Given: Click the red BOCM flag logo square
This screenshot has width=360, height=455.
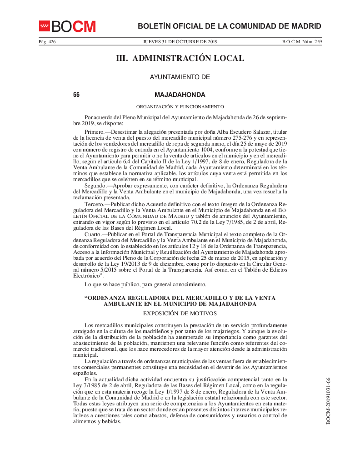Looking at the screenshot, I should coord(44,26).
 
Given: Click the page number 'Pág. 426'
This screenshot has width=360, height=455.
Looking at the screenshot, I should coord(47,42).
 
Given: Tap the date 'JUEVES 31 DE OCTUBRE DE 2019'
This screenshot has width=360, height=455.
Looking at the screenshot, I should coord(180,42).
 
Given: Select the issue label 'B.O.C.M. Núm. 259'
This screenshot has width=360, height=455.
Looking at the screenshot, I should coord(302,42).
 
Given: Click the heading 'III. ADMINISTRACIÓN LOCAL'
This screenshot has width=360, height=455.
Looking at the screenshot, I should coord(180,58).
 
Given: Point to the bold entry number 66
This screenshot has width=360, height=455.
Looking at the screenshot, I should coord(76,95).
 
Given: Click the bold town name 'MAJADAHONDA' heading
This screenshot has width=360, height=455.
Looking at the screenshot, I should coord(180,95).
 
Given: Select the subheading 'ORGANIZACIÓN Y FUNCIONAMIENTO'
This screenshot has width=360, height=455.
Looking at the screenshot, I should coord(180,106).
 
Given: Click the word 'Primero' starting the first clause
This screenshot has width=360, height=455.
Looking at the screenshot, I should coord(94,132).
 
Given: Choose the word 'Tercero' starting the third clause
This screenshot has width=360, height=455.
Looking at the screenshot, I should coord(94,204).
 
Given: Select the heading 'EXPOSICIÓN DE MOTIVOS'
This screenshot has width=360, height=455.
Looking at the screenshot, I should coord(180,313).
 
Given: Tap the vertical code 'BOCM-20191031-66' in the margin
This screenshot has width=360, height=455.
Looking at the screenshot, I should coord(328,401).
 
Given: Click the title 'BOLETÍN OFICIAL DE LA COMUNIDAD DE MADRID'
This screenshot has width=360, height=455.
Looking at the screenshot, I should coord(230,26).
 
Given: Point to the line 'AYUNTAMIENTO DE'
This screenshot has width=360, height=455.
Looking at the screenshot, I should coord(180,77).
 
